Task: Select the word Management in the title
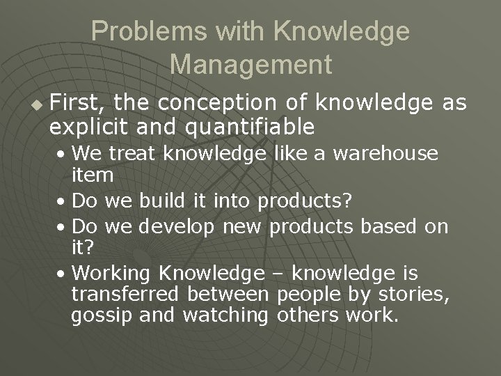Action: pyautogui.click(x=250, y=65)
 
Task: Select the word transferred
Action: pyautogui.click(x=116, y=294)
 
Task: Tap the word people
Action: pyautogui.click(x=308, y=294)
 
